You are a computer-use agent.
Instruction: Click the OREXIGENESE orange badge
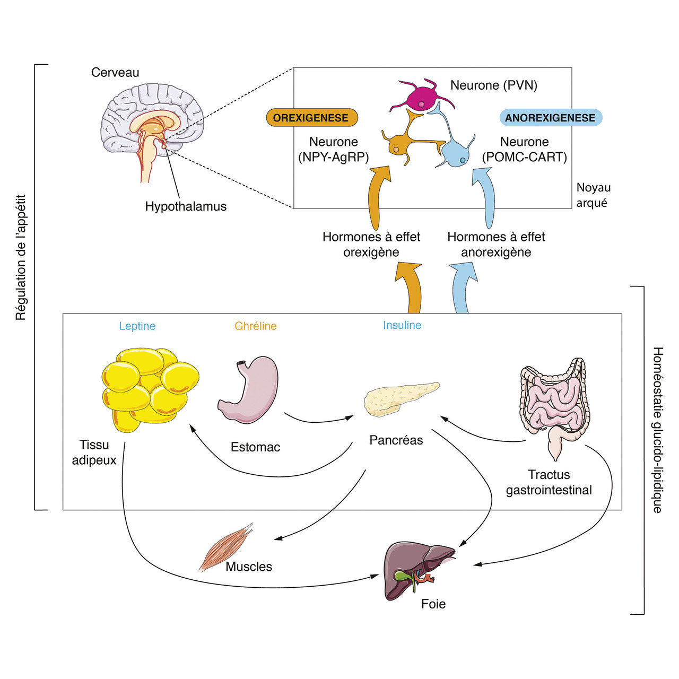click(311, 118)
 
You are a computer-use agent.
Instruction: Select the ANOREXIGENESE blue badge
click(550, 118)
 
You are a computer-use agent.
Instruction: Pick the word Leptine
click(137, 326)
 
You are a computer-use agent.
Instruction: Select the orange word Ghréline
click(256, 326)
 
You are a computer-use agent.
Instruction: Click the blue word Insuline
click(402, 325)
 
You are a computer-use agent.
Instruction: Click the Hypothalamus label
click(186, 206)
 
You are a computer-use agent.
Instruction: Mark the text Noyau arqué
click(593, 195)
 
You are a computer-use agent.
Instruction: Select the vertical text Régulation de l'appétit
click(21, 257)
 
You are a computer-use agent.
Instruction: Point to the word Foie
click(433, 604)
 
